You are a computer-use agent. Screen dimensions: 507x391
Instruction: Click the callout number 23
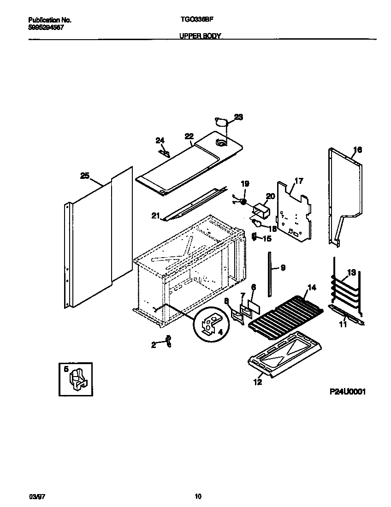click(238, 117)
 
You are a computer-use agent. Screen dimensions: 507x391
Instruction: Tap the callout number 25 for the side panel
click(84, 176)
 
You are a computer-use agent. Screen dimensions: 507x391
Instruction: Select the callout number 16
click(358, 150)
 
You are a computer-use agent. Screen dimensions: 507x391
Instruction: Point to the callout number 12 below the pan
click(257, 382)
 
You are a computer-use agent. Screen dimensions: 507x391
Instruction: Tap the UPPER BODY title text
click(200, 35)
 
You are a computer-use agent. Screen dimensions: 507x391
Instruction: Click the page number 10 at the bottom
click(198, 496)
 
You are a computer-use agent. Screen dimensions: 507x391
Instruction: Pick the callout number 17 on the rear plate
click(299, 181)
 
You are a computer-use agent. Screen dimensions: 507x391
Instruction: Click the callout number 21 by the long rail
click(155, 216)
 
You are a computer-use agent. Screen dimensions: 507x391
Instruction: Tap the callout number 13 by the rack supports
click(351, 273)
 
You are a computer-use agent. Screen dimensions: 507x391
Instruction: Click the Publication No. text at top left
click(49, 20)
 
